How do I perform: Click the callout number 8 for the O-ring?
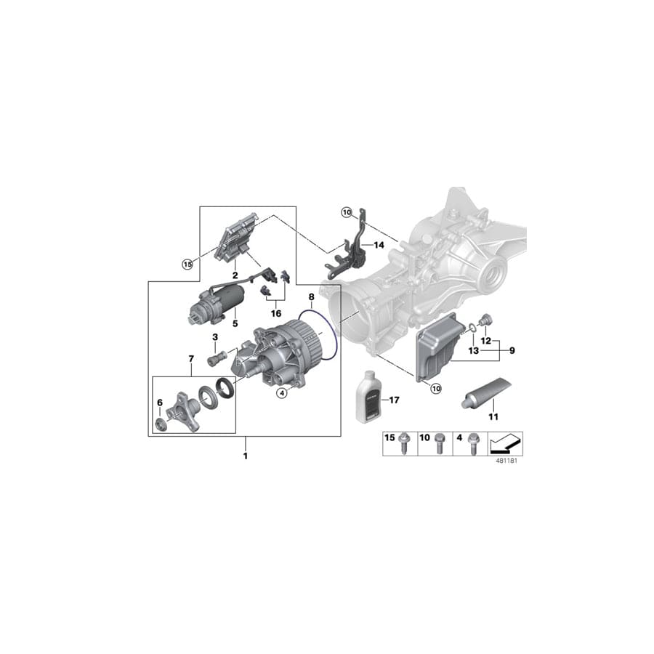[x=311, y=297]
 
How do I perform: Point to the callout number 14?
[x=379, y=246]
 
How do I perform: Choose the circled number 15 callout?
[x=187, y=264]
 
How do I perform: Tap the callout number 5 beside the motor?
[x=235, y=323]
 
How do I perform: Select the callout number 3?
[x=215, y=337]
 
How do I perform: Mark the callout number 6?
[x=160, y=402]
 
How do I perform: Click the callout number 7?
[x=192, y=359]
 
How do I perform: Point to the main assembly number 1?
[x=245, y=456]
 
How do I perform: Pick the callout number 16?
[x=276, y=313]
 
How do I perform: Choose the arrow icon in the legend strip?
[x=506, y=441]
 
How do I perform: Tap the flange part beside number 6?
[x=182, y=411]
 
